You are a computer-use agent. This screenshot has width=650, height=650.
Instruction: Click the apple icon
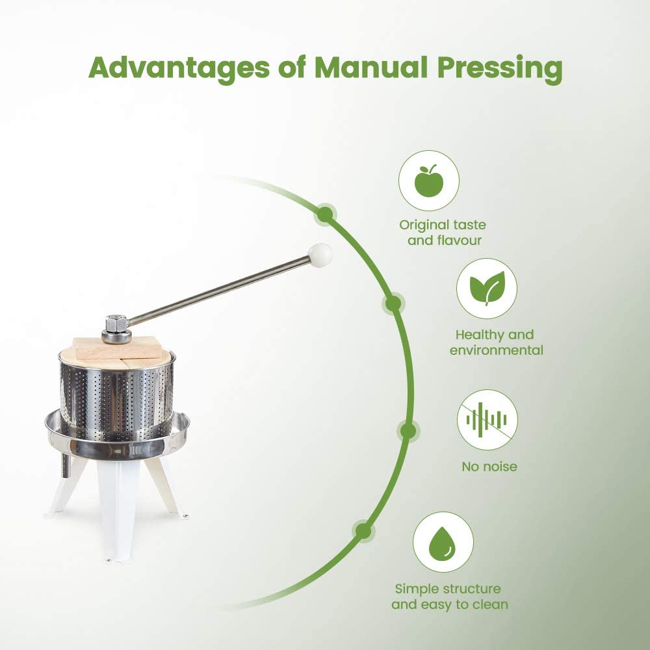pos(428,180)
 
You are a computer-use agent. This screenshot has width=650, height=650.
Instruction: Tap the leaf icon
pos(486,288)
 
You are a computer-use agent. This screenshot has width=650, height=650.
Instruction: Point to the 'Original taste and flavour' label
pos(443,233)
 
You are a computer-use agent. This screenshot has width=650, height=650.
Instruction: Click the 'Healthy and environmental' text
pos(499,343)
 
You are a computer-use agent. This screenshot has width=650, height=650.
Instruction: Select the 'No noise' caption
pos(489,466)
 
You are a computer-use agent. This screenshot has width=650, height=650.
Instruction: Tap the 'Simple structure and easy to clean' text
pos(449,596)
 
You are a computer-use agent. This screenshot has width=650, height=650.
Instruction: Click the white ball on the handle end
pos(320,254)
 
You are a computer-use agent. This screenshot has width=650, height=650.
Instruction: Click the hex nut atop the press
pos(116,322)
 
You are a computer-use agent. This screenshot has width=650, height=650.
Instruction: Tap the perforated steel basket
pos(117,396)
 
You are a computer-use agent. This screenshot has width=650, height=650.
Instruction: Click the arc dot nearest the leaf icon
pos(393,303)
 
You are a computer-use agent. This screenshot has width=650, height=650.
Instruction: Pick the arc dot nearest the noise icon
pos(408,430)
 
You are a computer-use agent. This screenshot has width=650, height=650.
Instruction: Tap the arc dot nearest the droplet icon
pos(363,531)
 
